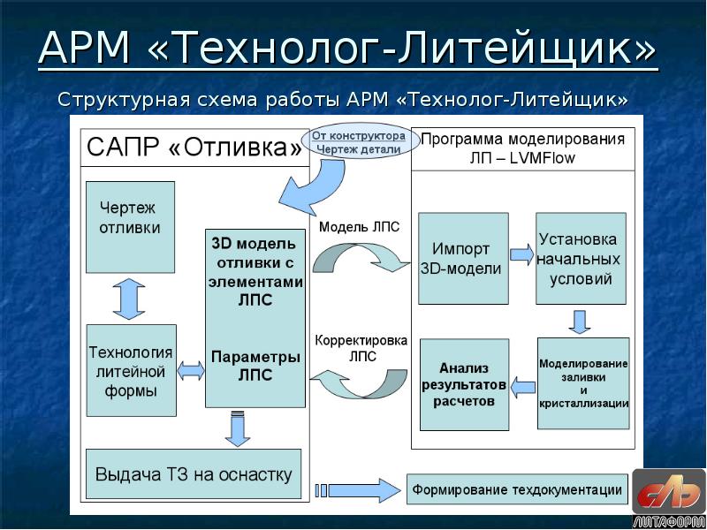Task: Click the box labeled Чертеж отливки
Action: point(130,226)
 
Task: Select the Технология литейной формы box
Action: point(130,371)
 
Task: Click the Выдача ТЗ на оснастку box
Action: point(193,474)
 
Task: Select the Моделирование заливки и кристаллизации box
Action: point(583,382)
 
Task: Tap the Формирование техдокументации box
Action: point(518,489)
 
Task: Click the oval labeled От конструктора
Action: point(357,141)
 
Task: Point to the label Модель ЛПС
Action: point(359,227)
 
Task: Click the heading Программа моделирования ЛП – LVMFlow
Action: point(522,148)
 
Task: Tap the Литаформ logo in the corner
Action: point(670,497)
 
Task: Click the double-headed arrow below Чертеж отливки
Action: point(130,299)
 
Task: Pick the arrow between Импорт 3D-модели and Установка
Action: point(522,255)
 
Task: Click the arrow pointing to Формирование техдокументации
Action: point(358,489)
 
